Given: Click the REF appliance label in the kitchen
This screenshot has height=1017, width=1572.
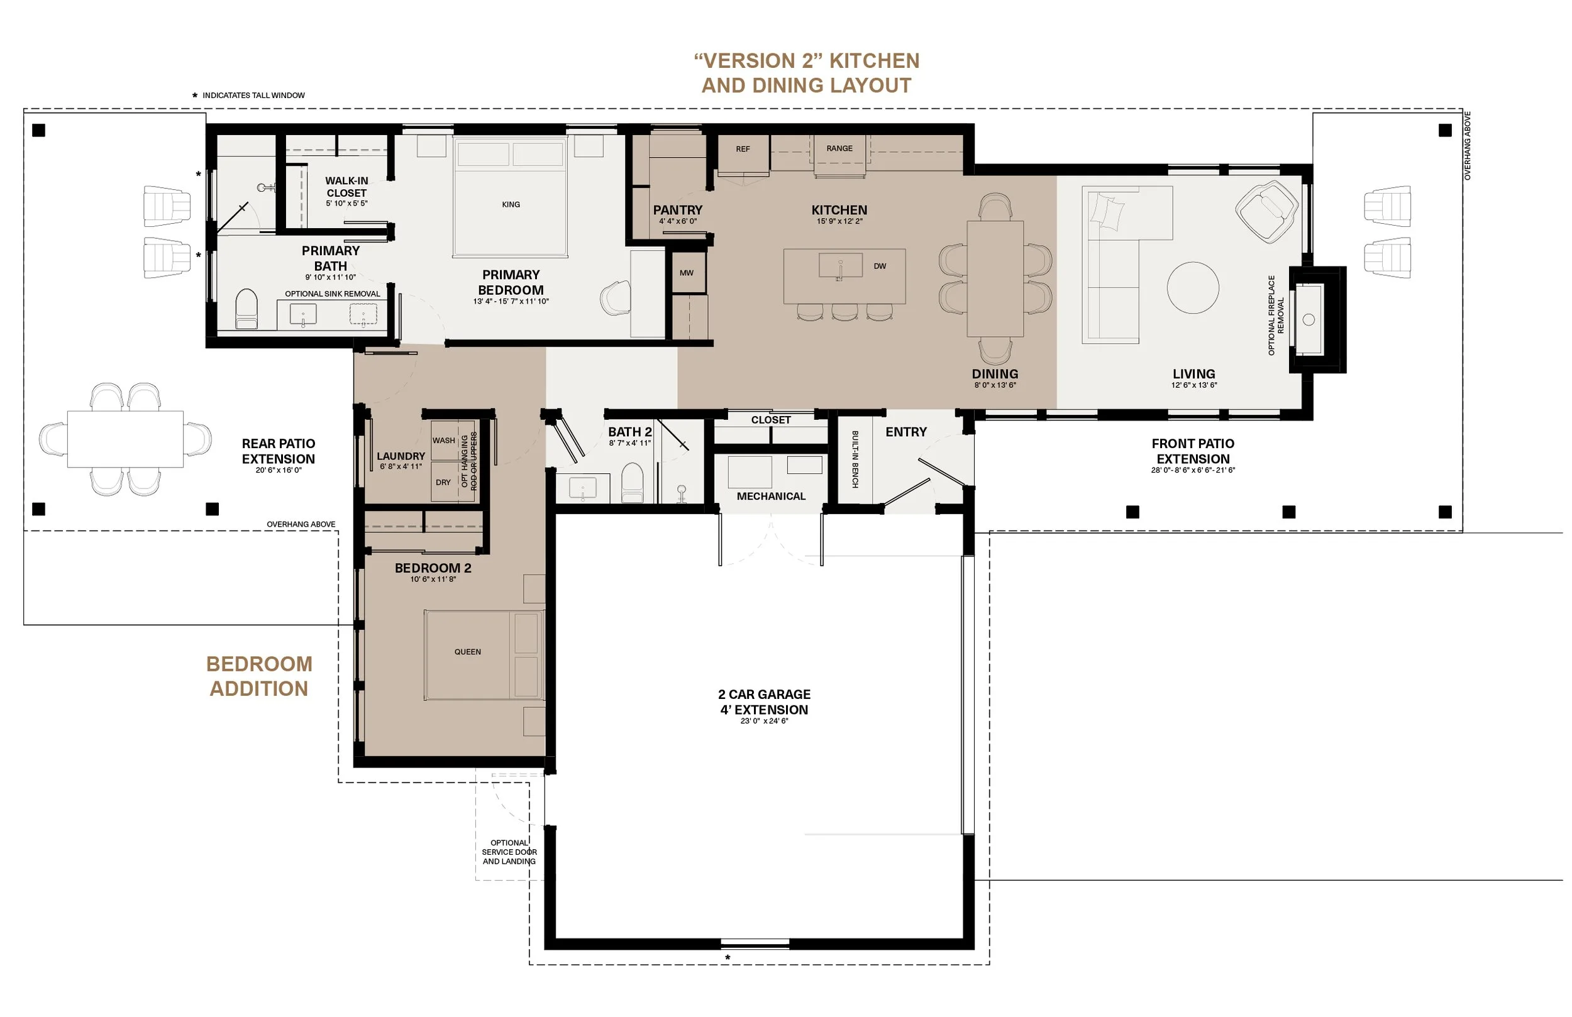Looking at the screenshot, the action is click(743, 149).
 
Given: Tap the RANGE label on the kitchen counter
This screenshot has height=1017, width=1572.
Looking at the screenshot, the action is click(839, 148).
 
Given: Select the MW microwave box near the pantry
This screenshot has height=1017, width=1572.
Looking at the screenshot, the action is click(687, 272).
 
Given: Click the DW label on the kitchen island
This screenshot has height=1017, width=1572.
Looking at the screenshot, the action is click(880, 266).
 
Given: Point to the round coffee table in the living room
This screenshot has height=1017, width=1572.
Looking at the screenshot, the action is click(1192, 287).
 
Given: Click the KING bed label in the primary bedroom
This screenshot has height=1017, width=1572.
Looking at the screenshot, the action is click(511, 205).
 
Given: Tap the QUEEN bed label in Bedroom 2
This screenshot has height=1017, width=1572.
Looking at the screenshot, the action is click(468, 652).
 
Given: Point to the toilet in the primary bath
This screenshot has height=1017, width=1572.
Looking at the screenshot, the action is click(246, 309).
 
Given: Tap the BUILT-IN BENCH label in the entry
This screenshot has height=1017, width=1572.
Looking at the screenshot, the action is click(855, 459).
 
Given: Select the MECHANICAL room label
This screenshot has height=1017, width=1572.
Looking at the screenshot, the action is click(771, 497).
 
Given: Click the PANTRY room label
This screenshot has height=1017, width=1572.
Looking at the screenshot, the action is click(678, 210).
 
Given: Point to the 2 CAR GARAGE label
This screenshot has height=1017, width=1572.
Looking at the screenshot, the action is click(764, 694).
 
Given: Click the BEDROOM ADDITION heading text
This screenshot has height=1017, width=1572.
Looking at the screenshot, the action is click(259, 676).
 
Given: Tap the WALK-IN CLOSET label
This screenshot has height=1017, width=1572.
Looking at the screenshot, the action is click(346, 187).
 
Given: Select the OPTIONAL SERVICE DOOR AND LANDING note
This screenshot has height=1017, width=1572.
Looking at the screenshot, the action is click(509, 852).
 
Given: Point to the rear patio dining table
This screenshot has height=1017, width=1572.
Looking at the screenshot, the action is click(126, 439).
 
